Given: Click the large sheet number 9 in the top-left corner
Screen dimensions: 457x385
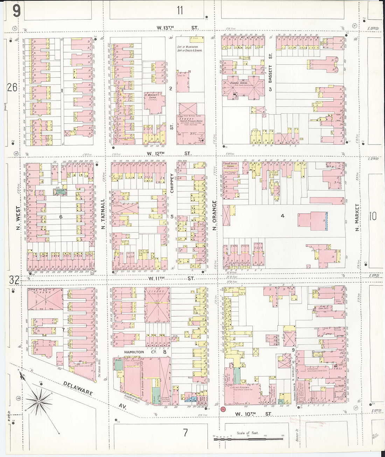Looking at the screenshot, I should click(16, 11).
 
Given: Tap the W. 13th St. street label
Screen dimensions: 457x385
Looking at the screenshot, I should click(177, 28).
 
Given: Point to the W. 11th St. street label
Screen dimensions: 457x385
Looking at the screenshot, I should click(171, 278).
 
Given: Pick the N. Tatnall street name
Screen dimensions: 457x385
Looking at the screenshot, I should click(103, 214).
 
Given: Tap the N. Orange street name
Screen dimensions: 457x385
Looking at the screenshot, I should click(214, 216).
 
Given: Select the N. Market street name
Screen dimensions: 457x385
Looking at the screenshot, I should click(357, 217).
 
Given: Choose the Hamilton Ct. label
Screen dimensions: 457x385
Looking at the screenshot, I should click(138, 352).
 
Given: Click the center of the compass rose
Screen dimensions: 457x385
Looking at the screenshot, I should click(39, 401).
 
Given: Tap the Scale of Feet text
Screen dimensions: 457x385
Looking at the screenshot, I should click(247, 433).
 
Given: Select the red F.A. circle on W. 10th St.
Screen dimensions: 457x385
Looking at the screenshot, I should click(223, 409).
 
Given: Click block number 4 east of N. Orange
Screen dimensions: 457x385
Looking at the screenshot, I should click(282, 216).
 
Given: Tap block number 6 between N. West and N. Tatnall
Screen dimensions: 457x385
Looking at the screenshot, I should click(61, 217).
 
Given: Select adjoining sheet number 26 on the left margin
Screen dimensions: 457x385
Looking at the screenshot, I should click(12, 87).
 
